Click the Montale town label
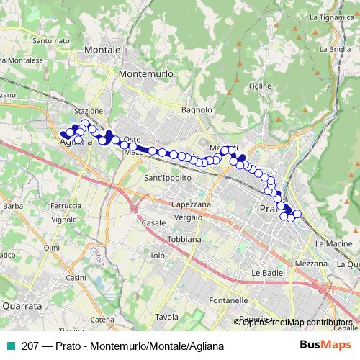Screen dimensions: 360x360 [x=102, y=49]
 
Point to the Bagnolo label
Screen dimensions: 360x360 [x=197, y=110]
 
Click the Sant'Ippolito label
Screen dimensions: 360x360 [x=168, y=178]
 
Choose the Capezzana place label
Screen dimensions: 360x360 [x=192, y=204]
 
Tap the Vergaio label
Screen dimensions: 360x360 [x=188, y=217]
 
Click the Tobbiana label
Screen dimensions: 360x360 [x=184, y=239]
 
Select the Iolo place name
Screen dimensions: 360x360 [x=158, y=256]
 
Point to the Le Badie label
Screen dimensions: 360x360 [x=264, y=273]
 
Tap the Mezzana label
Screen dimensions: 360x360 [x=311, y=264]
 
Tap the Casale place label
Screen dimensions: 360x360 [x=153, y=223]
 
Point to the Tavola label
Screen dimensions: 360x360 [x=166, y=317]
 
